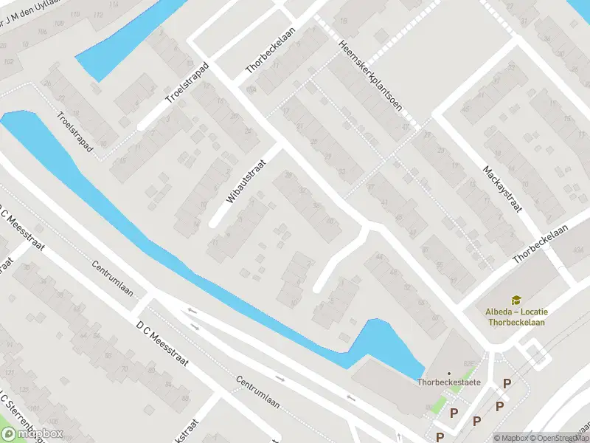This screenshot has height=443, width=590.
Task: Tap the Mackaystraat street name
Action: pos(503,189)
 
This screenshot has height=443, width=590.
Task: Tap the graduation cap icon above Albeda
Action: pos(517,299)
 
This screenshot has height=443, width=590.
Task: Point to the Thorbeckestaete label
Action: pos(450,382)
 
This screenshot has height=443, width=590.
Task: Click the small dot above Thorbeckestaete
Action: pos(449,373)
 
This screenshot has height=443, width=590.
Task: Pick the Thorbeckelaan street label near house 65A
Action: pos(542,244)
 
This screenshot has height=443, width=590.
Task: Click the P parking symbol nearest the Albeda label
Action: pos(507,382)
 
